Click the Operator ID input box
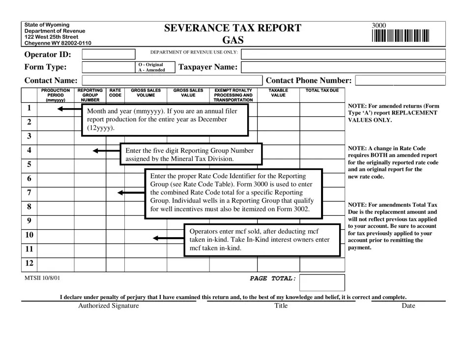(108, 54)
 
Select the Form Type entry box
(108, 67)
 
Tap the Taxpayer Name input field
(344, 67)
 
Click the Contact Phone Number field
(400, 81)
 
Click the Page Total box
(322, 282)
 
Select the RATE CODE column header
(115, 93)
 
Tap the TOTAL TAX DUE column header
(322, 91)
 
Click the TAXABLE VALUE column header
(278, 93)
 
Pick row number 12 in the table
(29, 263)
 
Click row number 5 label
(29, 165)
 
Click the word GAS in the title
(233, 40)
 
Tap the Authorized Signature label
(109, 305)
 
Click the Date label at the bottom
(408, 305)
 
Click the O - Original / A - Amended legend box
(151, 67)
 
